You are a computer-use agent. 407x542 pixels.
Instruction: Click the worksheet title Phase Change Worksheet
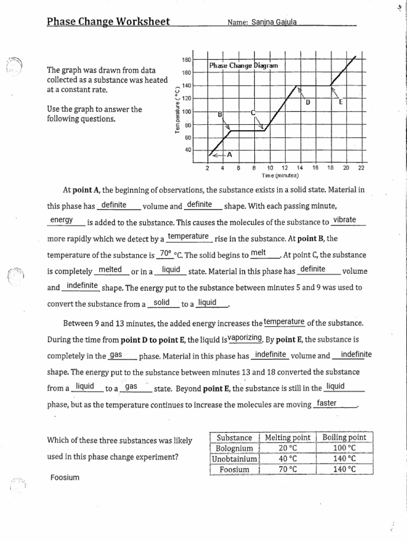[108, 22]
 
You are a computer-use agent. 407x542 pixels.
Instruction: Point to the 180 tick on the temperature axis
[187, 59]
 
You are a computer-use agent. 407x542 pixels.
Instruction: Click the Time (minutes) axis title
[280, 175]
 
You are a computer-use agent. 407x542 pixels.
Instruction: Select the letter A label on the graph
[229, 154]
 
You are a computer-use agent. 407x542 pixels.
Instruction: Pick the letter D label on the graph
[307, 102]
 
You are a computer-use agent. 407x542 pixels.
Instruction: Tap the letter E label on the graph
[341, 102]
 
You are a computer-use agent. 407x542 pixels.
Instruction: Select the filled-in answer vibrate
[345, 220]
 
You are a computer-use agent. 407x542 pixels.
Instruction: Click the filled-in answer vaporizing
[245, 338]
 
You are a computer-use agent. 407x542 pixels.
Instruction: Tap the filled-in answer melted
[111, 269]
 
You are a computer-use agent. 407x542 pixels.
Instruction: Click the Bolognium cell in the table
[235, 448]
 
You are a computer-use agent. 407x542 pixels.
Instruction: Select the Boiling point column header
[344, 438]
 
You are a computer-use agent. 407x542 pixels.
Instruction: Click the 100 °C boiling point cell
[344, 448]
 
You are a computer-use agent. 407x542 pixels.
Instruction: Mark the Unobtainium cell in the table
[235, 458]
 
